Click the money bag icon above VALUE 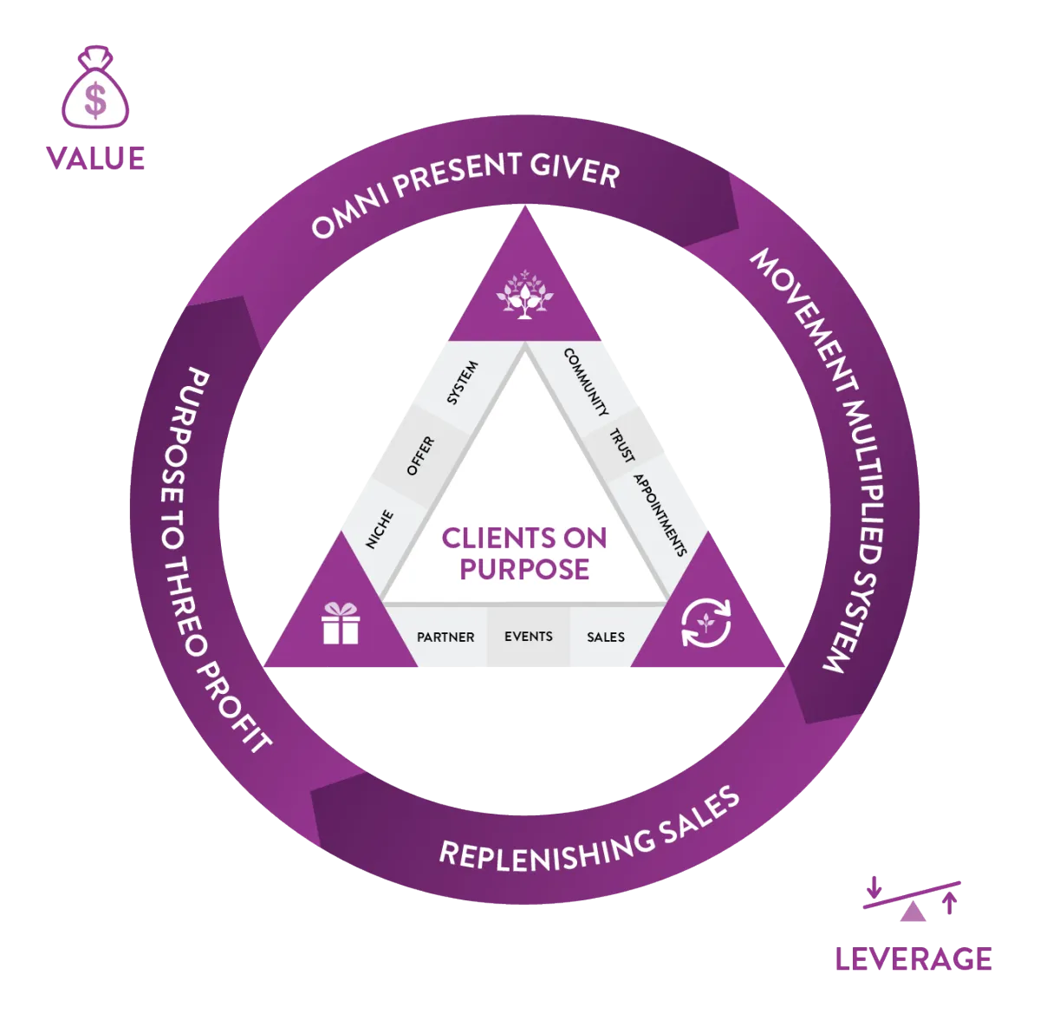pyautogui.click(x=95, y=87)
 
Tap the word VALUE pyautogui.click(x=95, y=159)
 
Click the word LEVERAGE pyautogui.click(x=913, y=959)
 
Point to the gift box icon pyautogui.click(x=341, y=624)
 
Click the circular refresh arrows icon pyautogui.click(x=706, y=623)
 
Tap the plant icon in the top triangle pyautogui.click(x=524, y=294)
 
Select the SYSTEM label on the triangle pyautogui.click(x=463, y=383)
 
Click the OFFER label pyautogui.click(x=420, y=456)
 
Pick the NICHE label pyautogui.click(x=380, y=529)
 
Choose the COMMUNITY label pyautogui.click(x=586, y=382)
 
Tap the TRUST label pyautogui.click(x=622, y=446)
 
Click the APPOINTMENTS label pyautogui.click(x=660, y=515)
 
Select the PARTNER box pyautogui.click(x=445, y=638)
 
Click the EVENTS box pyautogui.click(x=529, y=637)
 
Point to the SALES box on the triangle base pyautogui.click(x=606, y=638)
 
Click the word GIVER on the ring pyautogui.click(x=575, y=170)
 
